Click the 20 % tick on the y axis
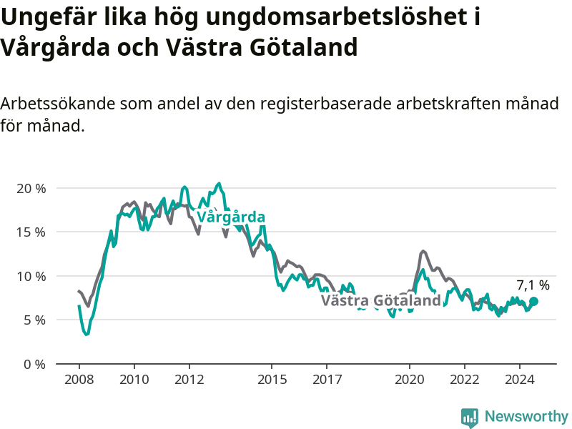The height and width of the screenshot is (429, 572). click(31, 189)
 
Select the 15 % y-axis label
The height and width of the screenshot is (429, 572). click(31, 232)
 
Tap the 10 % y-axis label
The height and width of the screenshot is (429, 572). click(31, 276)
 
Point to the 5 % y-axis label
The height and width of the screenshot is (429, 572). click(34, 320)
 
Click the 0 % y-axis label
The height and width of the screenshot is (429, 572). click(34, 364)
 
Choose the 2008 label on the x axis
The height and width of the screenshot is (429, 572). click(79, 380)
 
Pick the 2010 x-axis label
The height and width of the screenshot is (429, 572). click(134, 380)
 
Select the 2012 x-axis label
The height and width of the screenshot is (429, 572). click(189, 380)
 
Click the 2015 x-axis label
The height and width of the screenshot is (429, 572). click(272, 380)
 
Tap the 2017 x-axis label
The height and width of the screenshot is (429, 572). click(327, 380)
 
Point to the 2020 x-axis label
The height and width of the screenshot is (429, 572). click(410, 380)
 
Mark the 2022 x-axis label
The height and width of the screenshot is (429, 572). click(465, 380)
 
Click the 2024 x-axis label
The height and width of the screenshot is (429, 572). click(520, 380)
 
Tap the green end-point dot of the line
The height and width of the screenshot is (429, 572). click(533, 301)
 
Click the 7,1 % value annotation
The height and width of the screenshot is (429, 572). click(533, 285)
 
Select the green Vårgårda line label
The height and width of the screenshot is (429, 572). click(231, 217)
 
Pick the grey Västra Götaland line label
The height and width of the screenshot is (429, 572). click(381, 300)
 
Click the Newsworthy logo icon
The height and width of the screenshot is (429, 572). click(470, 417)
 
